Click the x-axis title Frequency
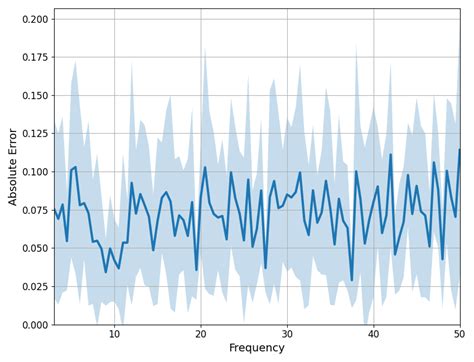[257, 348]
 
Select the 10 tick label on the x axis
[114, 333]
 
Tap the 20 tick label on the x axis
[201, 333]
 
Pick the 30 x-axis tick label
[287, 333]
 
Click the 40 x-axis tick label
[373, 333]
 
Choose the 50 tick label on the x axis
[459, 333]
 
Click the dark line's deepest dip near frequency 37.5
[352, 281]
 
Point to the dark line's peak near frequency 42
[391, 154]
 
